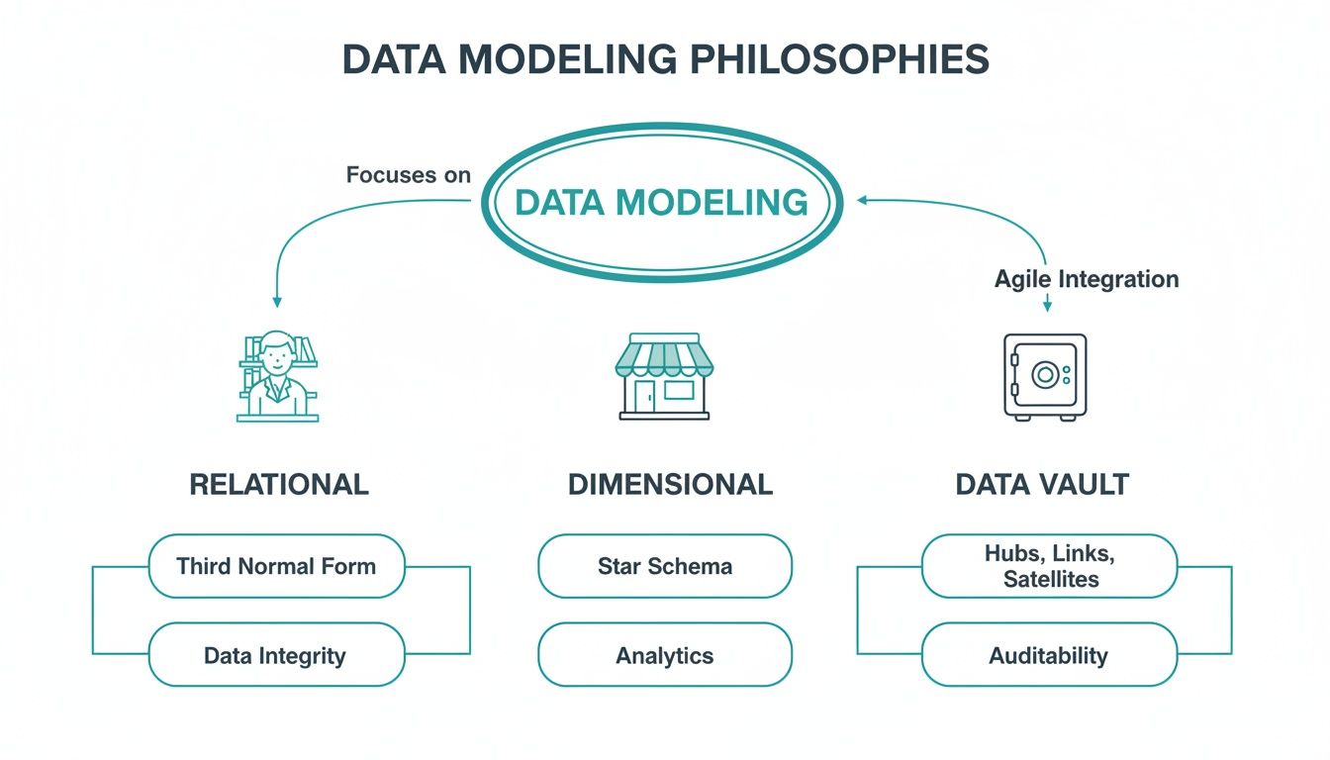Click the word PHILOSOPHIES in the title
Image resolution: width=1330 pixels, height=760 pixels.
(x=839, y=60)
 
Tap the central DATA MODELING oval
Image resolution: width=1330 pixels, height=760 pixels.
(x=662, y=203)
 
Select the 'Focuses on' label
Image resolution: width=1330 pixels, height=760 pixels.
(x=408, y=175)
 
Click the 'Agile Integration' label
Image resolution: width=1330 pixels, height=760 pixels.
(x=1086, y=279)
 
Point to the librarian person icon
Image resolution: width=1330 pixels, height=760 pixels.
(x=278, y=376)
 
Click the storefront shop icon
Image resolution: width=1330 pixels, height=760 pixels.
(x=664, y=377)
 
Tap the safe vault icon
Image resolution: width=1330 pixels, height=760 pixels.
(x=1045, y=376)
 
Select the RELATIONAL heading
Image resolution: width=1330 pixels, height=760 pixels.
(x=278, y=484)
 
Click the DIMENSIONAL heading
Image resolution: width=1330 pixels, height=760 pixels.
(x=669, y=484)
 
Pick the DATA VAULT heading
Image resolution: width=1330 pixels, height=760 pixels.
(x=1042, y=484)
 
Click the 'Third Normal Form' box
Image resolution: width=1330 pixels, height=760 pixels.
(x=276, y=566)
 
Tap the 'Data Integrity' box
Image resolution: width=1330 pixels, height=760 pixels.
(x=276, y=655)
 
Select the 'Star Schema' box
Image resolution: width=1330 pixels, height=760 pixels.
(x=665, y=566)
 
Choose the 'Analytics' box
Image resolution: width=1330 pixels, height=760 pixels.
(x=665, y=655)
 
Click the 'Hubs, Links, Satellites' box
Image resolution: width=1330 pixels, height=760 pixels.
(x=1049, y=566)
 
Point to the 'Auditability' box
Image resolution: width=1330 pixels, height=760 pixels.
(x=1049, y=655)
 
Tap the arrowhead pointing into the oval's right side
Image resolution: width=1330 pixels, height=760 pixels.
(x=862, y=200)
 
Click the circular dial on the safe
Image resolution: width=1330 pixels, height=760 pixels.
(x=1043, y=375)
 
